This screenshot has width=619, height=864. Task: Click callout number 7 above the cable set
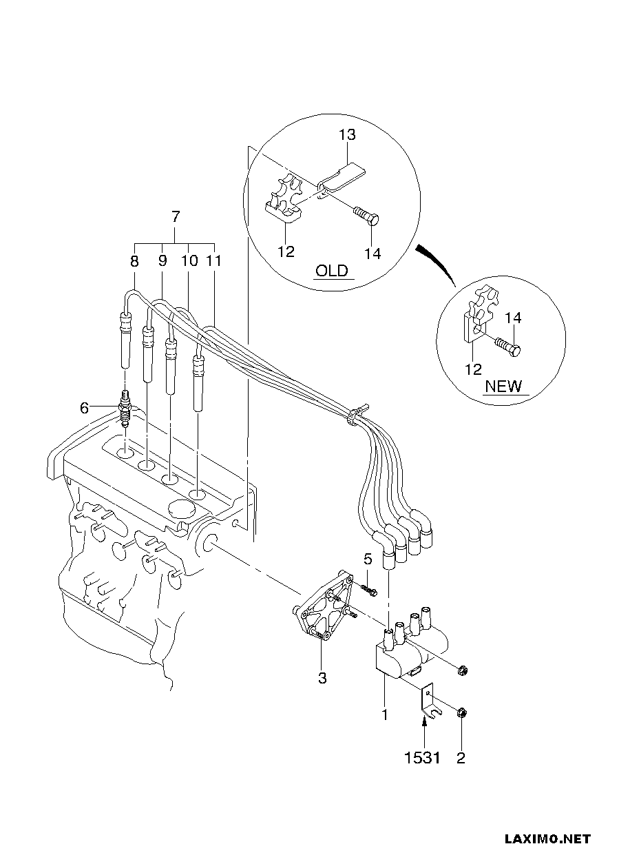pyautogui.click(x=176, y=217)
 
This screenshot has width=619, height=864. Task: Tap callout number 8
pyautogui.click(x=134, y=262)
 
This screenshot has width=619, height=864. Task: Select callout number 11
pyautogui.click(x=214, y=260)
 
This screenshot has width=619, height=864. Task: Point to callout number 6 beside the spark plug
pyautogui.click(x=84, y=408)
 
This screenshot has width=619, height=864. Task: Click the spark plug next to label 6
pyautogui.click(x=125, y=409)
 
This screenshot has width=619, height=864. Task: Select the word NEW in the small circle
pyautogui.click(x=503, y=386)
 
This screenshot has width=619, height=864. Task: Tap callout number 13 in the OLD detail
pyautogui.click(x=347, y=134)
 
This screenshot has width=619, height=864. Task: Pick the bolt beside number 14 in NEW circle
pyautogui.click(x=508, y=346)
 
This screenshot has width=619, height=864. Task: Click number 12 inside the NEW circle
pyautogui.click(x=474, y=369)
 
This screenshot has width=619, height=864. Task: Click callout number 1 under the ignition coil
pyautogui.click(x=384, y=714)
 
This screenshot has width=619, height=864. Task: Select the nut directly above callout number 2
pyautogui.click(x=461, y=713)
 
